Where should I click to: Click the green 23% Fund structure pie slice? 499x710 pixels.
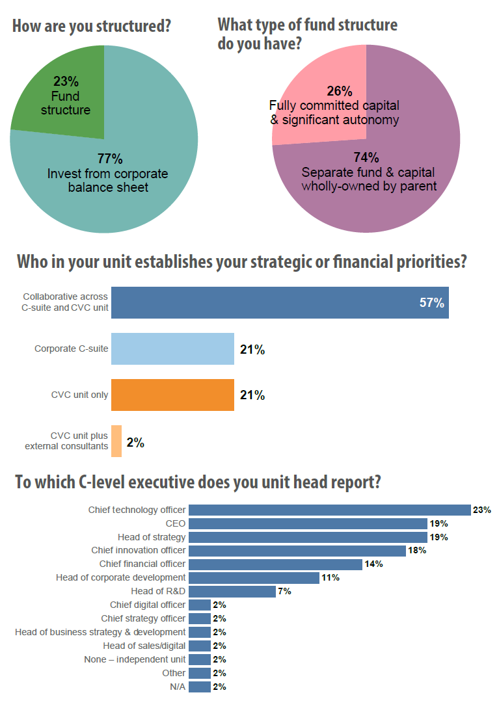click(x=65, y=98)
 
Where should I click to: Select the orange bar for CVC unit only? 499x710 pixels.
click(x=172, y=395)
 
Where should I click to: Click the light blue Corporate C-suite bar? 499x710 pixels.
click(x=172, y=349)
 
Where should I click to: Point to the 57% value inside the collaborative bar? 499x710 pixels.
click(x=431, y=303)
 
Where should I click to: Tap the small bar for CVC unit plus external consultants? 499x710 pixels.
click(x=116, y=441)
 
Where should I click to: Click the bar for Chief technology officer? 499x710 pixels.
click(x=329, y=510)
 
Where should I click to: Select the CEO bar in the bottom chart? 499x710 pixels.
click(x=308, y=523)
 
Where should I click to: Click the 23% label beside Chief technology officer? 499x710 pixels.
click(x=481, y=510)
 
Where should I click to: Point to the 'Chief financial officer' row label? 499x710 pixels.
click(x=142, y=564)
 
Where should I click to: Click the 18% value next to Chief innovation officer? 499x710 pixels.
click(x=417, y=550)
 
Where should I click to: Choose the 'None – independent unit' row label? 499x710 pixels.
click(x=135, y=659)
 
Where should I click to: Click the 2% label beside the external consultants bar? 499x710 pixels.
click(x=135, y=443)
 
